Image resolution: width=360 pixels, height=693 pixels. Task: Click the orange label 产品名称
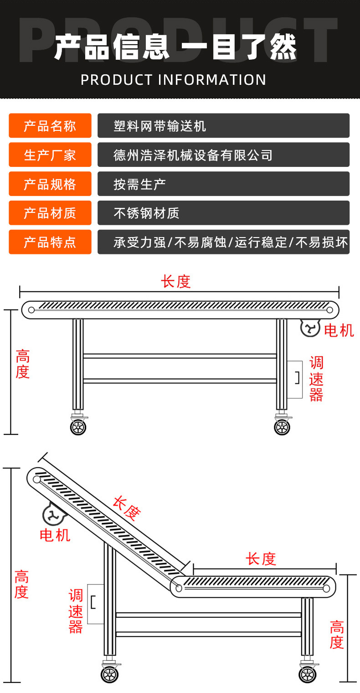point(50,126)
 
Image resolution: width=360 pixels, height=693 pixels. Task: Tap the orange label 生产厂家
point(50,155)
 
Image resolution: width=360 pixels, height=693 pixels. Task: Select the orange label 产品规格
point(50,184)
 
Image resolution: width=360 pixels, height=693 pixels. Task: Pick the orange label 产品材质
point(50,213)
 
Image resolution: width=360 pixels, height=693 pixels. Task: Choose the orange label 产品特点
point(50,242)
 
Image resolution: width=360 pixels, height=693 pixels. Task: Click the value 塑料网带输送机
point(160,126)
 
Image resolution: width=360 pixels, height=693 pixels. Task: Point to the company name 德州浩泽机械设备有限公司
point(193,155)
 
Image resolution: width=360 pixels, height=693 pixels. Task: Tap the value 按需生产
point(139,184)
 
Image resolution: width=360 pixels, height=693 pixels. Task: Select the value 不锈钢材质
point(146,213)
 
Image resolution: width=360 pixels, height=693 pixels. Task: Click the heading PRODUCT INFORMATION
point(174,80)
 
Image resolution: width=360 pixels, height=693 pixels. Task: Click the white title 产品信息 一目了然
point(175,47)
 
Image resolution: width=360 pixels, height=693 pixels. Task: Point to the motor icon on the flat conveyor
point(310,328)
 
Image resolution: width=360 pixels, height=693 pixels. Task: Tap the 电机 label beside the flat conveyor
point(339,330)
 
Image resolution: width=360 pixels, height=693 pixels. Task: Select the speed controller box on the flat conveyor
point(295,379)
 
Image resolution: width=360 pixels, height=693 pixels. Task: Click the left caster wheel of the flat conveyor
point(78,427)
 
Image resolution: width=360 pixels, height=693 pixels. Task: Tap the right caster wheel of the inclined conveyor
point(308,674)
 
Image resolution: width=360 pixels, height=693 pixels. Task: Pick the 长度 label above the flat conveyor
point(175,281)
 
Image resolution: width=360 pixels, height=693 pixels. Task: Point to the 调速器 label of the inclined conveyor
point(76,611)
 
